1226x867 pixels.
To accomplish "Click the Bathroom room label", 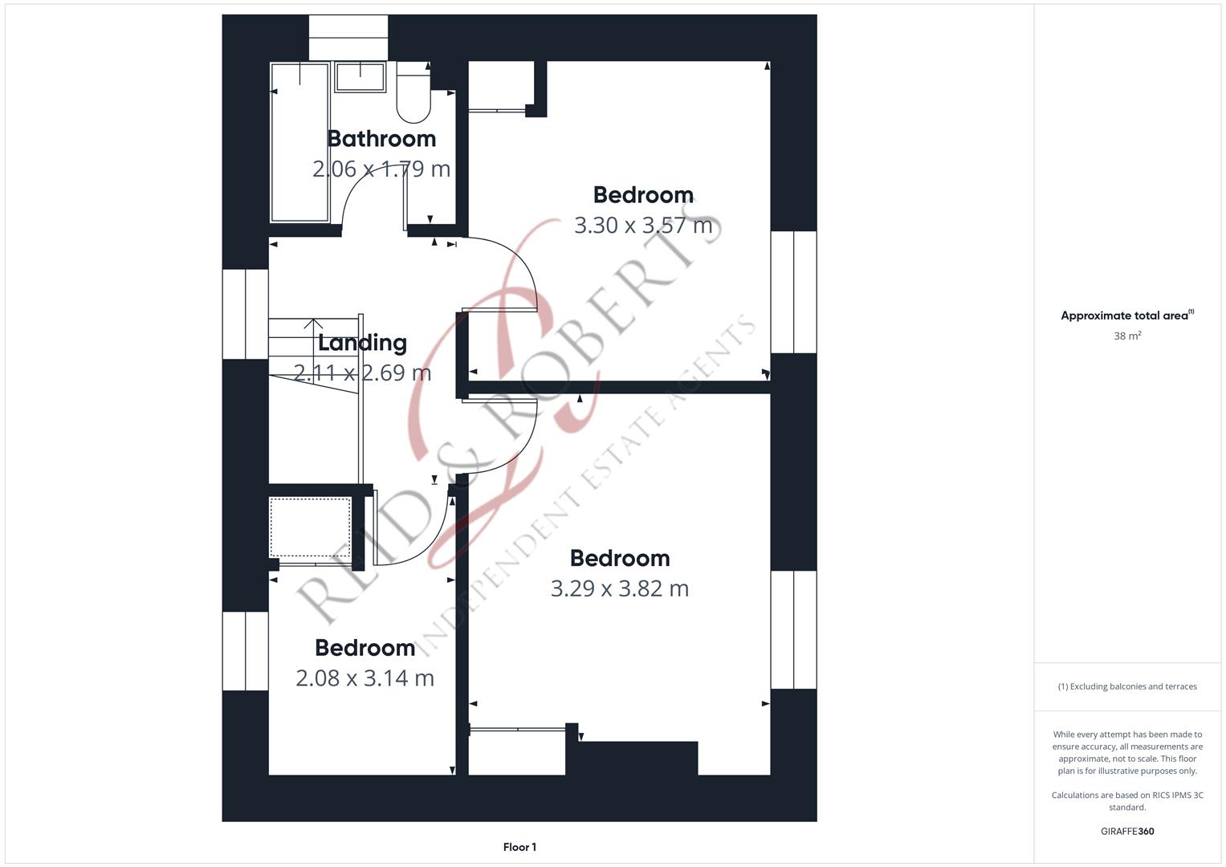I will pyautogui.click(x=381, y=139).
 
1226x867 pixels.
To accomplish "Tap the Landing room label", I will pyautogui.click(x=362, y=343).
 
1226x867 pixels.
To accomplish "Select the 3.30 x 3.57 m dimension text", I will pyautogui.click(x=643, y=226).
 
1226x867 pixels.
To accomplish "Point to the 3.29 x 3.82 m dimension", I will pyautogui.click(x=619, y=588).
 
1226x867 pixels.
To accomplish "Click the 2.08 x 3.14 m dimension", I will pyautogui.click(x=365, y=678).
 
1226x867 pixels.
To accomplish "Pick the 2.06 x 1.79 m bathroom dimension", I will pyautogui.click(x=381, y=169).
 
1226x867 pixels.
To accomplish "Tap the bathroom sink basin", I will pyautogui.click(x=360, y=77).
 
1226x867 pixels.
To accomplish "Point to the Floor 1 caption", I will pyautogui.click(x=519, y=847).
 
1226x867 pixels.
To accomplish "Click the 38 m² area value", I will pyautogui.click(x=1127, y=336).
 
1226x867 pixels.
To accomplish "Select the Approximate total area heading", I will pyautogui.click(x=1126, y=315).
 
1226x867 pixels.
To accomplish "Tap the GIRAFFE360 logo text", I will pyautogui.click(x=1127, y=832).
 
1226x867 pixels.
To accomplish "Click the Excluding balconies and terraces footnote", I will pyautogui.click(x=1127, y=686).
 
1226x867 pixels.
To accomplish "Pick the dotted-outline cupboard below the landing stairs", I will pyautogui.click(x=310, y=527).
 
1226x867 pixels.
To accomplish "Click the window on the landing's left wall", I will pyautogui.click(x=245, y=314).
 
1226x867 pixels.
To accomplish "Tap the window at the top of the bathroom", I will pyautogui.click(x=348, y=37).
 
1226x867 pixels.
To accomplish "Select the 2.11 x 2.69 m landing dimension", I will pyautogui.click(x=362, y=373).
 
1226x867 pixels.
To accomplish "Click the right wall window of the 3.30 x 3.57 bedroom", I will pyautogui.click(x=794, y=292).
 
